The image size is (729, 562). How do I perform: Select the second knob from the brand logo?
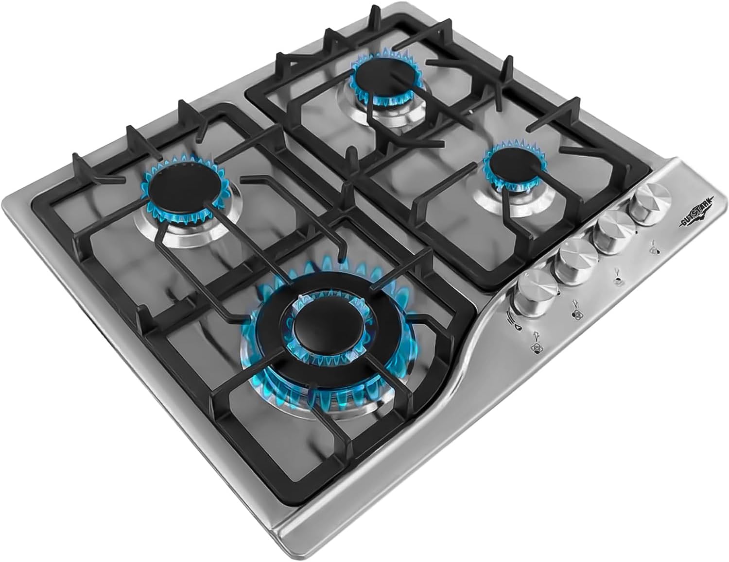[x=612, y=225]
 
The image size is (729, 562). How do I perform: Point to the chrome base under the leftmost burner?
[x=194, y=235]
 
